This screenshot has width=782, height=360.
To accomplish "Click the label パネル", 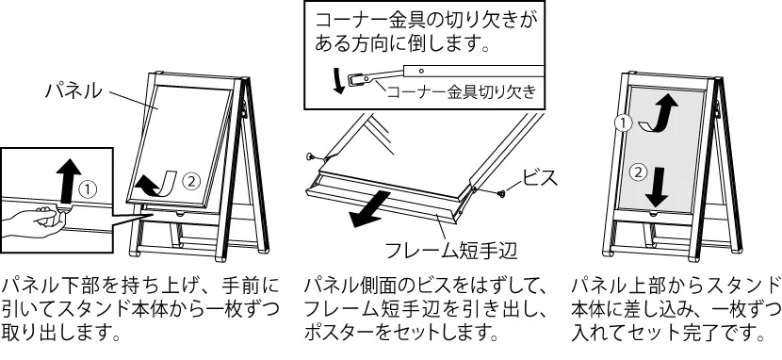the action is [x=73, y=91].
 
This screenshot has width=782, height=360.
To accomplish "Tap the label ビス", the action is [x=539, y=177].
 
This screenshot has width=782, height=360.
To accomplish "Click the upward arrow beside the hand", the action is [x=69, y=182].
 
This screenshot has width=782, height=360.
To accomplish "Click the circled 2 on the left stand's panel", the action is [x=190, y=180].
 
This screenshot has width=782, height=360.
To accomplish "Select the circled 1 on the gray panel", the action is [x=624, y=123].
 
